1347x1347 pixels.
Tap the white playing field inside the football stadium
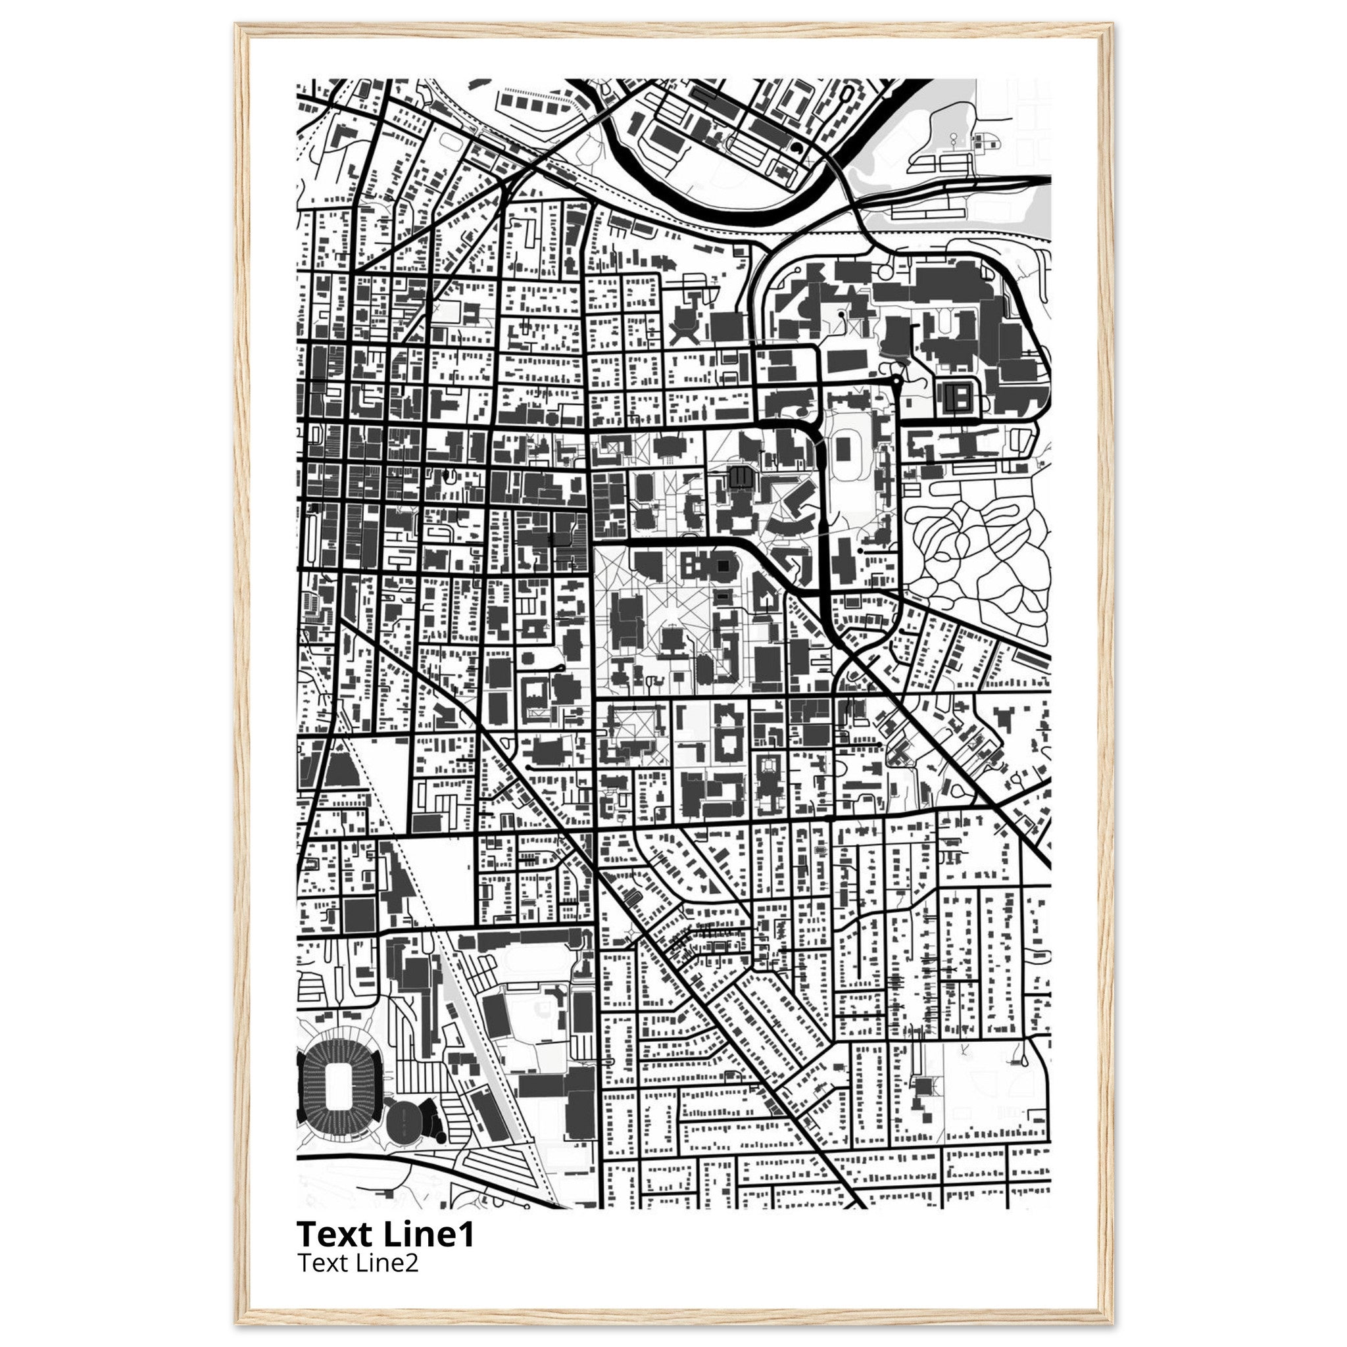tap(339, 1087)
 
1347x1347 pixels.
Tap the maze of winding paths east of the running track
tap(976, 558)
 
